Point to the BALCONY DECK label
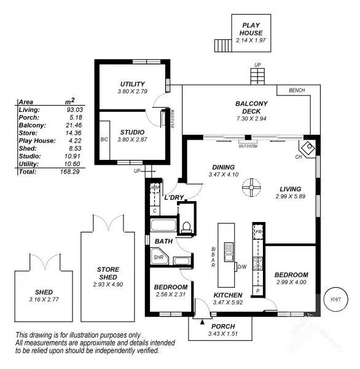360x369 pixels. (251, 107)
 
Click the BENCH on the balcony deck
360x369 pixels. (296, 90)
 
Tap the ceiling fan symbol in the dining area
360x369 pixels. (250, 187)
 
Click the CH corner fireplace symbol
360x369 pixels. (307, 148)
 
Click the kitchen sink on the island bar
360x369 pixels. (228, 252)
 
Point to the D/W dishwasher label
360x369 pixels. (241, 266)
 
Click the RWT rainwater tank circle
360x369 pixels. (335, 300)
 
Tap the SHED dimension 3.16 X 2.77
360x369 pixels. (44, 299)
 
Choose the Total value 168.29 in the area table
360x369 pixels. (72, 172)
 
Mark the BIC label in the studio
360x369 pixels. (104, 140)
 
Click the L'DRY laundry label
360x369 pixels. (174, 197)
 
